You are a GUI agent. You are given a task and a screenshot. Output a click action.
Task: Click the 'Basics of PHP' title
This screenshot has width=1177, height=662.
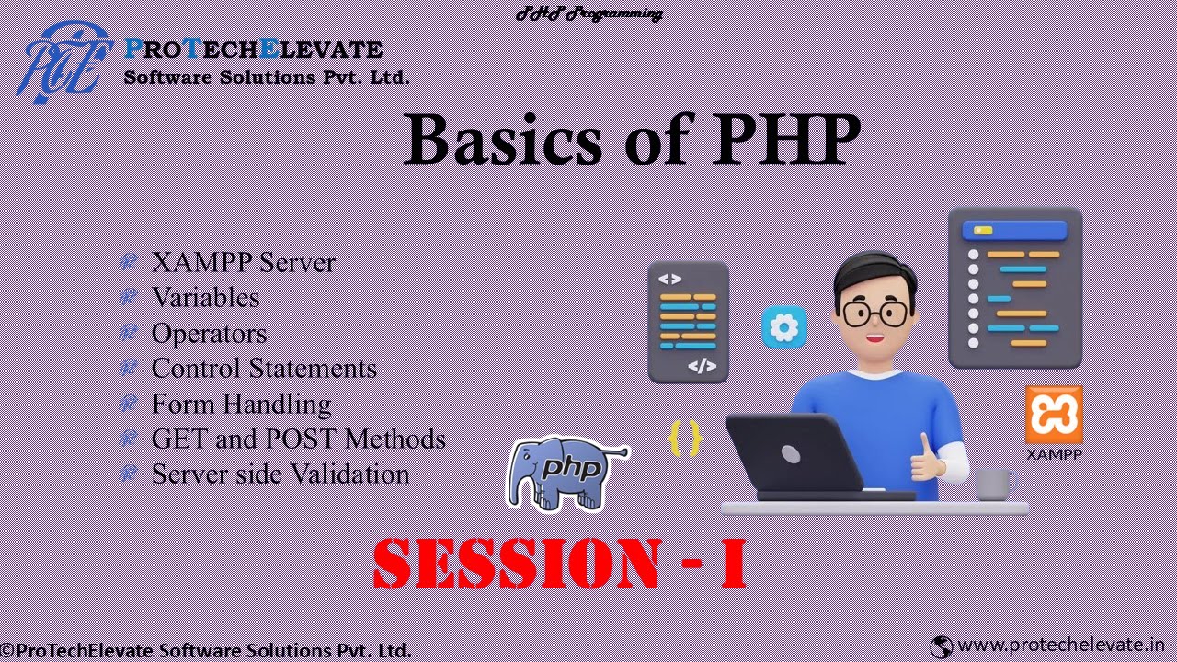point(632,140)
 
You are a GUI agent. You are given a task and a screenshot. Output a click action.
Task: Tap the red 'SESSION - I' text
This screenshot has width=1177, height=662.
point(560,563)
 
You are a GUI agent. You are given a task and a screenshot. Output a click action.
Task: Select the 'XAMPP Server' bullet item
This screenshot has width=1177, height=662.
point(243,262)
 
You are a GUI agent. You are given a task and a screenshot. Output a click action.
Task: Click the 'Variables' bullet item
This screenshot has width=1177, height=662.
point(205,297)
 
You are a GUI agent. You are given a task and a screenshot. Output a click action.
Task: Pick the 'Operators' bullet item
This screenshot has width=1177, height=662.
point(209,333)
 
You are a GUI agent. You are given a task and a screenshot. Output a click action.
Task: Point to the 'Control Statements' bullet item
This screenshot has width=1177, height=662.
point(264,368)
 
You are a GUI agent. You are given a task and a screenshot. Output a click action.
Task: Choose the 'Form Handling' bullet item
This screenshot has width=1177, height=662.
point(241,404)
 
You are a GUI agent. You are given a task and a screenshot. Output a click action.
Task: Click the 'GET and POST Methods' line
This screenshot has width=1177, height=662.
point(298,439)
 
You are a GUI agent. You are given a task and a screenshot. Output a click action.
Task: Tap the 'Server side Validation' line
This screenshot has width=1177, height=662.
point(280,474)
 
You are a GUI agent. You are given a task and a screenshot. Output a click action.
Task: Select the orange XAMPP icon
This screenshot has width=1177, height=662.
point(1054,415)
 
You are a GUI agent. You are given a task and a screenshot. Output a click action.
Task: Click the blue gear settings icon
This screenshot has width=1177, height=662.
point(784,328)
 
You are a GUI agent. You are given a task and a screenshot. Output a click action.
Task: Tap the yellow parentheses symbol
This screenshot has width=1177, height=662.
point(685,438)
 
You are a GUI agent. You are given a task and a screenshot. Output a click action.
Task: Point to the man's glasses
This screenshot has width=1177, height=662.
point(874,314)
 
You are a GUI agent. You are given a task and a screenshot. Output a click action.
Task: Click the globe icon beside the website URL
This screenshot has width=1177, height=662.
point(941,646)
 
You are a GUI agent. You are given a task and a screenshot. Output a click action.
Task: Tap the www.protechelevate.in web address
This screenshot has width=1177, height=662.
point(1061,645)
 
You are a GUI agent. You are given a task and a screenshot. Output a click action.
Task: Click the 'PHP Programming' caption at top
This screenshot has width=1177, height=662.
point(588,13)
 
